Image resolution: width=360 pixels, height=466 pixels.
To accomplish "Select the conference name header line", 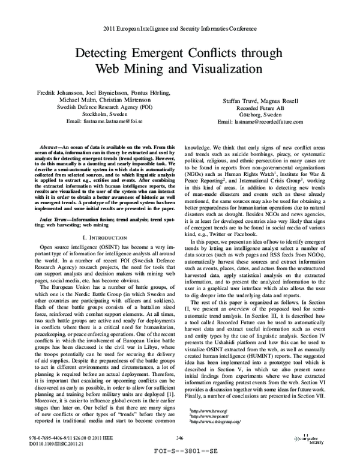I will coord(180,28).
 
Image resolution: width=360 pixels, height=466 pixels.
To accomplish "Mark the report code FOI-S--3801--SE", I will coord(179,458).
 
